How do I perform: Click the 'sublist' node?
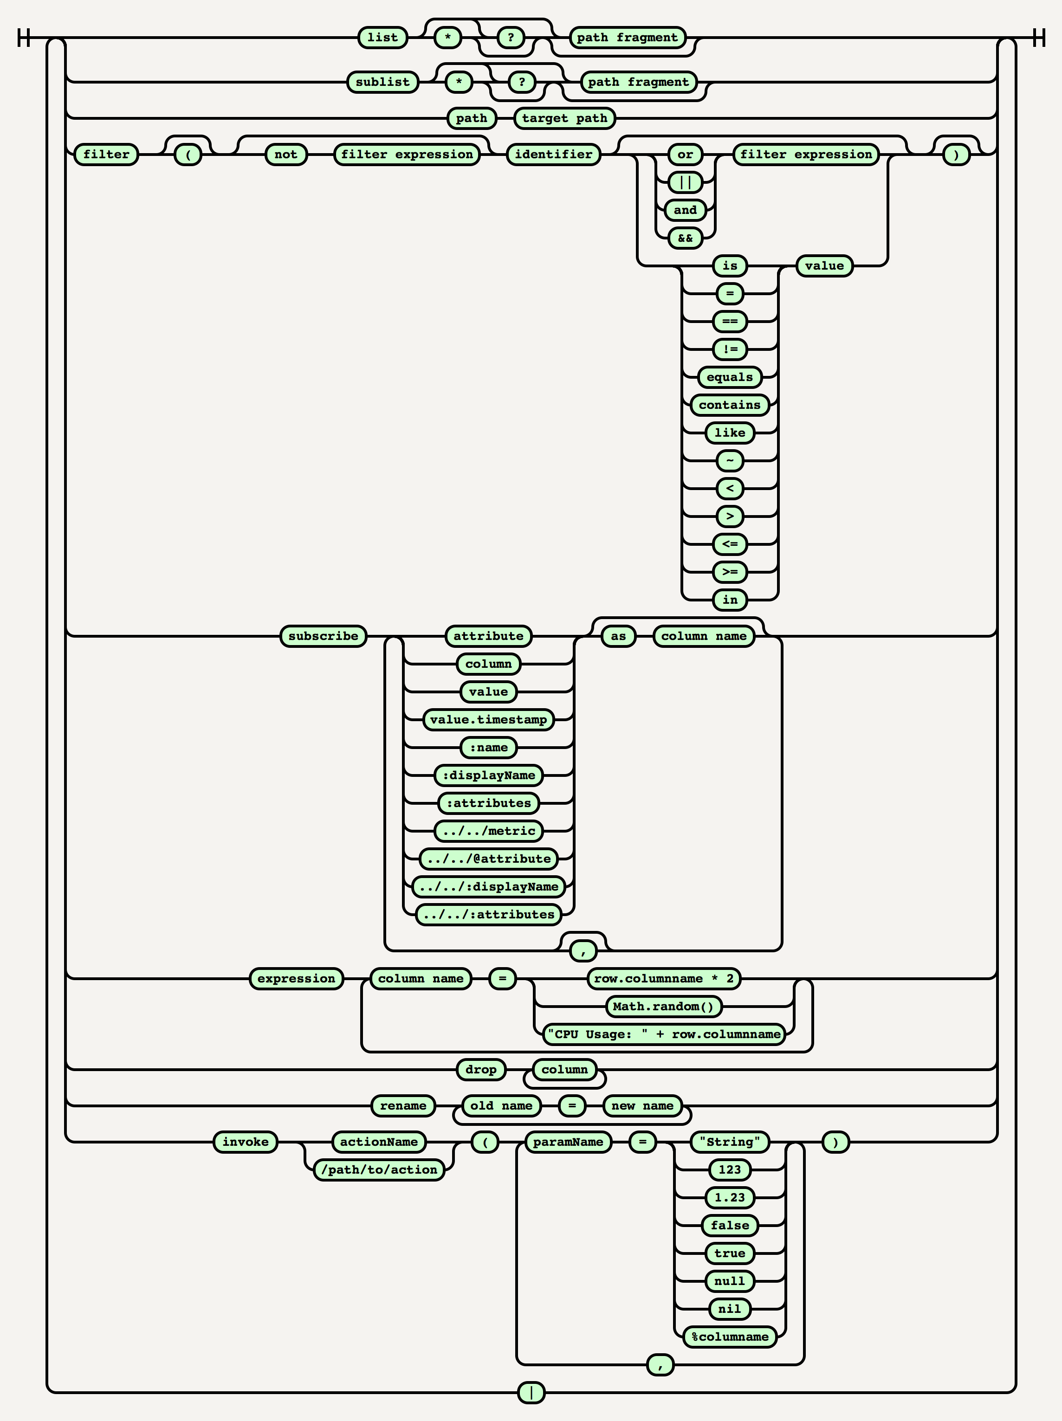click(x=382, y=82)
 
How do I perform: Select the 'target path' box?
click(x=564, y=118)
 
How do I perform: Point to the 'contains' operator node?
click(x=729, y=405)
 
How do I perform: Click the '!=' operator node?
click(x=730, y=349)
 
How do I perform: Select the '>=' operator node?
click(x=730, y=572)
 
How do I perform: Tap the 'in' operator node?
click(x=730, y=600)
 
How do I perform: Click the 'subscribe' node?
click(x=323, y=636)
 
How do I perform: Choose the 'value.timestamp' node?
click(x=488, y=719)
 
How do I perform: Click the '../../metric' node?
click(x=488, y=831)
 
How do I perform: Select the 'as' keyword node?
click(x=618, y=636)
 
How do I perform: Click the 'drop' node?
click(x=480, y=1070)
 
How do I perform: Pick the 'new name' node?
click(x=642, y=1105)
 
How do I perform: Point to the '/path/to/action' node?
click(x=379, y=1170)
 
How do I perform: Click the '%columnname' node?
click(x=729, y=1337)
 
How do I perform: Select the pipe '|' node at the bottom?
click(x=531, y=1393)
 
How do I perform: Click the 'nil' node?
click(x=729, y=1309)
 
